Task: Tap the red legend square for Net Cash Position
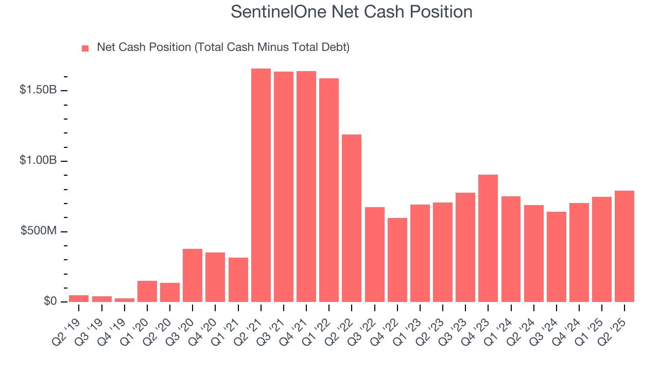[x=85, y=48]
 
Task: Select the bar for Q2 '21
[x=261, y=185]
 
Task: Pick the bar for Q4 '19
[x=125, y=300]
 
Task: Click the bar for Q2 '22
[x=352, y=218]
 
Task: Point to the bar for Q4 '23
[x=488, y=239]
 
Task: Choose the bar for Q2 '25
[x=625, y=246]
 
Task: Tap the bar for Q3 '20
[x=193, y=276]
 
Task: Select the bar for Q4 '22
[x=397, y=260]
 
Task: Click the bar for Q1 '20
[x=147, y=292]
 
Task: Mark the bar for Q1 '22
[x=329, y=190]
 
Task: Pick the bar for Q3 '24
[x=557, y=257]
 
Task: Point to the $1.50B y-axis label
[x=38, y=90]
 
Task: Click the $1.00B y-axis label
[x=38, y=161]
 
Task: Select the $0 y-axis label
[x=50, y=301]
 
